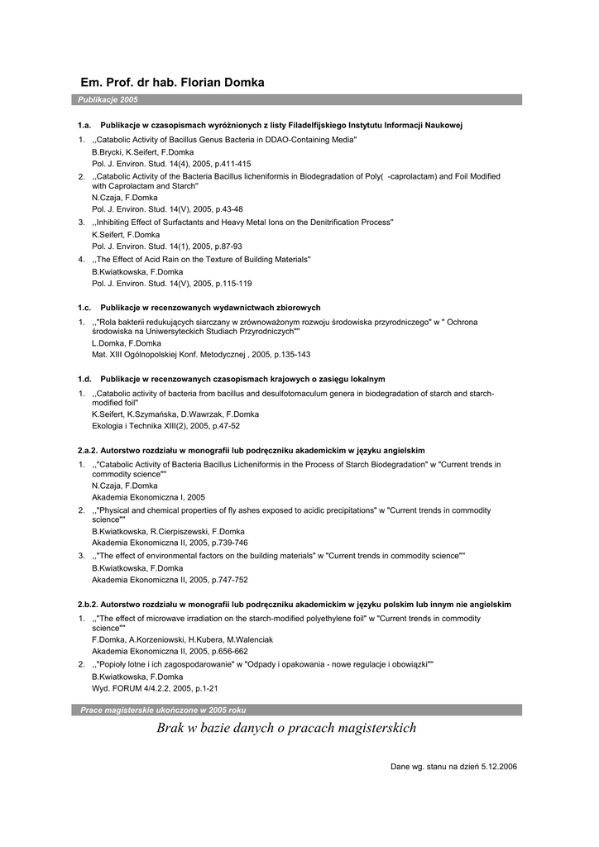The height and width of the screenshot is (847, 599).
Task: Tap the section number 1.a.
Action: click(84, 125)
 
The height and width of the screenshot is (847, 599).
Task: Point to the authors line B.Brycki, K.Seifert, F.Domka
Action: click(142, 152)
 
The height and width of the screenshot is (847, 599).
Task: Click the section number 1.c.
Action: click(84, 308)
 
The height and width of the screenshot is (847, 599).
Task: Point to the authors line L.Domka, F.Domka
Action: click(126, 343)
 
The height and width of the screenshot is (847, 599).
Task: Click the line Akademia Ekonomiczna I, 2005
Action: click(148, 498)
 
